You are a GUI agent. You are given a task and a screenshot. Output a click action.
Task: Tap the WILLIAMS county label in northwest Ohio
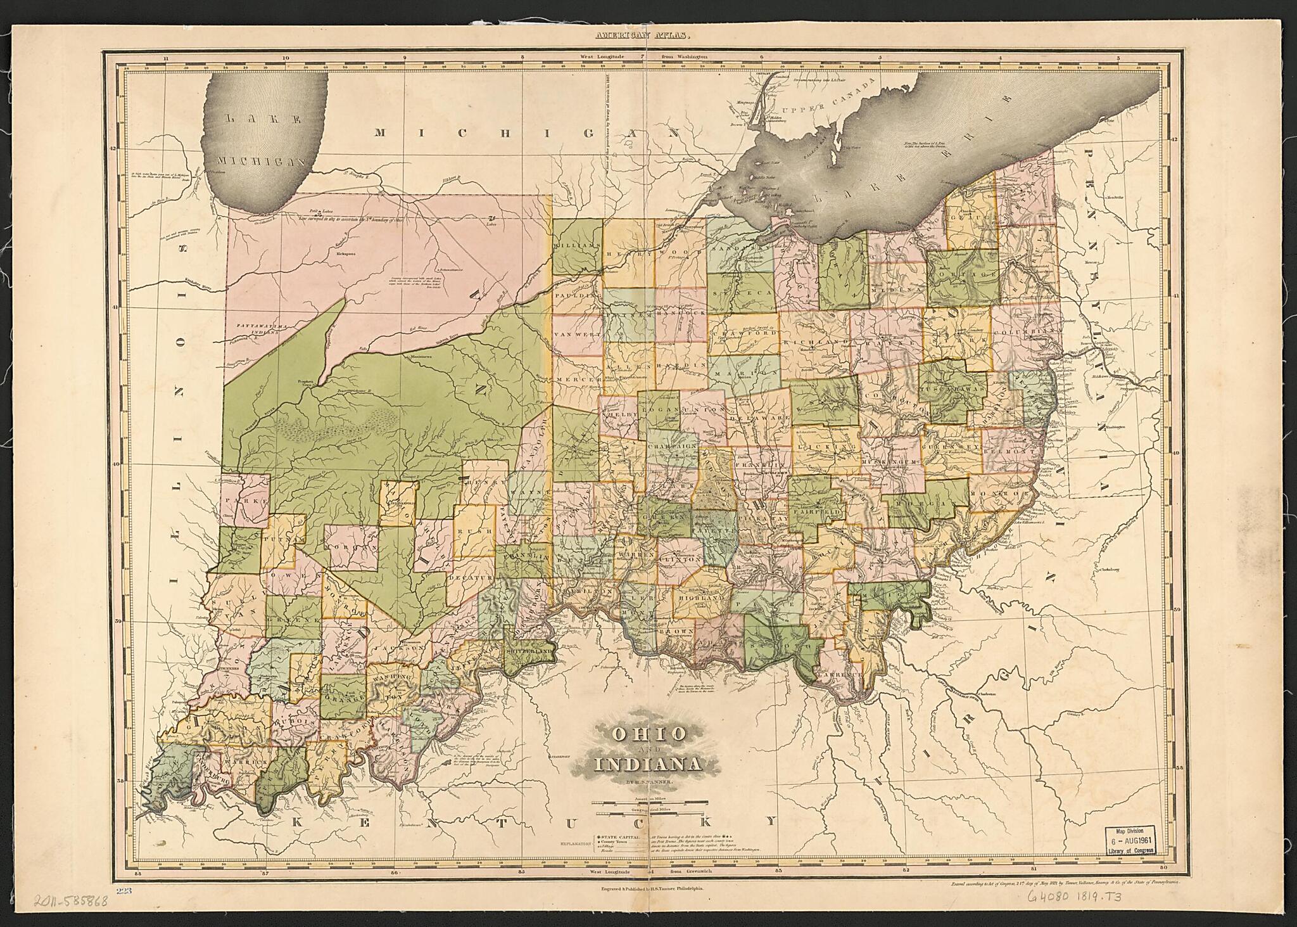[x=576, y=245]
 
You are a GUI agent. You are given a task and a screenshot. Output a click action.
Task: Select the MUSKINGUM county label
[x=889, y=464]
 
